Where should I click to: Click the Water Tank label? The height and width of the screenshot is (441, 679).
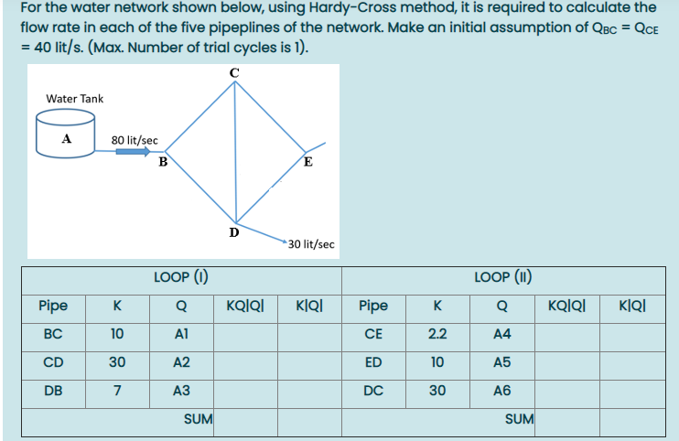pos(75,98)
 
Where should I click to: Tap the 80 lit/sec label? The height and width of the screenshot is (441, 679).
pos(135,140)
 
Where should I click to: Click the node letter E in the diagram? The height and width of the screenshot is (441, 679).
pos(307,164)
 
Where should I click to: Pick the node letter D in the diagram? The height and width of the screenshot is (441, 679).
pos(234,232)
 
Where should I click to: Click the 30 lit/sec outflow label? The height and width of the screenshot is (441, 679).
pos(310,244)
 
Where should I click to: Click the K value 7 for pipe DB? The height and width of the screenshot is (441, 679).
pos(117,390)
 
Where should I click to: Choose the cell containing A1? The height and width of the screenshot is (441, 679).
pos(181,334)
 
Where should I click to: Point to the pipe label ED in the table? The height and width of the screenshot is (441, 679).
pos(373,362)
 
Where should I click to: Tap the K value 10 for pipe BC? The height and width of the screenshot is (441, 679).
pos(117,334)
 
